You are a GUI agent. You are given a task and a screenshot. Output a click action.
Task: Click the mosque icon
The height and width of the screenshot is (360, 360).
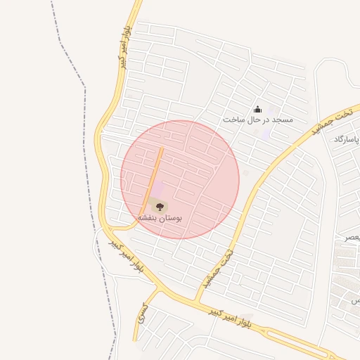click(x=257, y=109)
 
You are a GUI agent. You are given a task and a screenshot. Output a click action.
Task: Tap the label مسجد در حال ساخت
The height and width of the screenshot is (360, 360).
click(x=257, y=120)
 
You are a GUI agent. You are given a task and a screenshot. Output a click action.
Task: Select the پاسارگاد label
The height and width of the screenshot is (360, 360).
click(x=347, y=139)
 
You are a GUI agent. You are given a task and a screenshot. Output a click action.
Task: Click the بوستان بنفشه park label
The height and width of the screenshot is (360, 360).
click(x=159, y=219)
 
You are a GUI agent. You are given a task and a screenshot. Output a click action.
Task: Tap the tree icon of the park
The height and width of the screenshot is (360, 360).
click(x=159, y=206)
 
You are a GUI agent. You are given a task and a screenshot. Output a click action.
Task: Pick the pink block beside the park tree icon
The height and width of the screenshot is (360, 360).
click(x=160, y=191)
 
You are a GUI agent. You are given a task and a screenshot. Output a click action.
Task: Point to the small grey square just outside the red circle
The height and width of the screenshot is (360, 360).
click(x=245, y=172)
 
